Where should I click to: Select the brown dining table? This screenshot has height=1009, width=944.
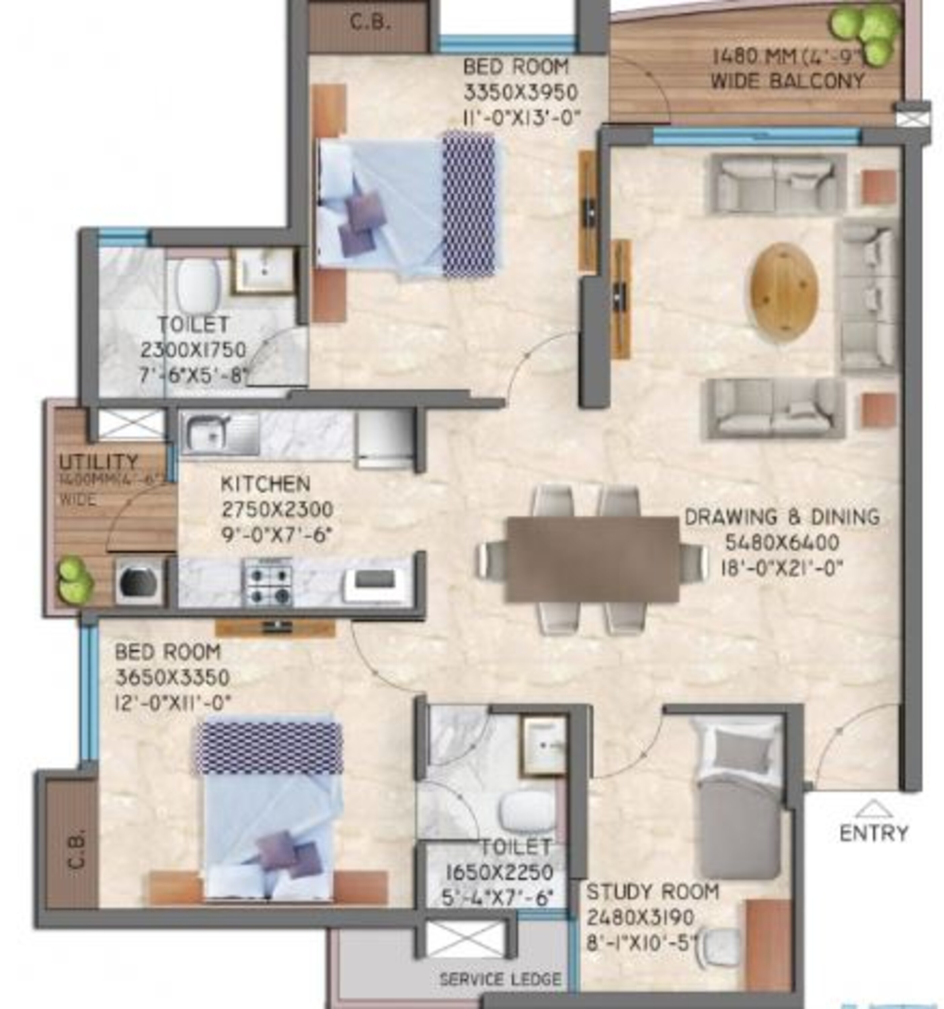592,559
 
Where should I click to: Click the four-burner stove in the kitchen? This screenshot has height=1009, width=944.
269,582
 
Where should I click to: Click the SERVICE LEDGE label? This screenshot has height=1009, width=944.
500,979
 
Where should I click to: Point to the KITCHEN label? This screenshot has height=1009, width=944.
265,484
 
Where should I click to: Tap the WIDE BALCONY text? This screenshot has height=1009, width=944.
787,81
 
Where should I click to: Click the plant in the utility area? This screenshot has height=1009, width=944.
75,578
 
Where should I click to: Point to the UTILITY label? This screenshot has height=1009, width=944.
99,461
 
